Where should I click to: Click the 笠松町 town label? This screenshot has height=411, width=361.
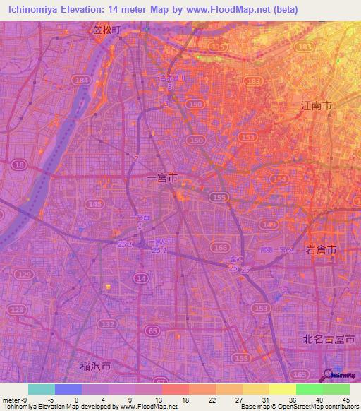(112, 30)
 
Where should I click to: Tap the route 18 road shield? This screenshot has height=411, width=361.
(19, 165)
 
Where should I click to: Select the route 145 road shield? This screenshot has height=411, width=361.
(94, 203)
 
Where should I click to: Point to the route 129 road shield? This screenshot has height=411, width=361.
(25, 273)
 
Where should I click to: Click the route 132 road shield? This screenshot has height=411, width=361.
(108, 324)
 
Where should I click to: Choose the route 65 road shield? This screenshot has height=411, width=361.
(152, 329)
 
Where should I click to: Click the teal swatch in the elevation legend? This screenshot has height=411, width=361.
(42, 389)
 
